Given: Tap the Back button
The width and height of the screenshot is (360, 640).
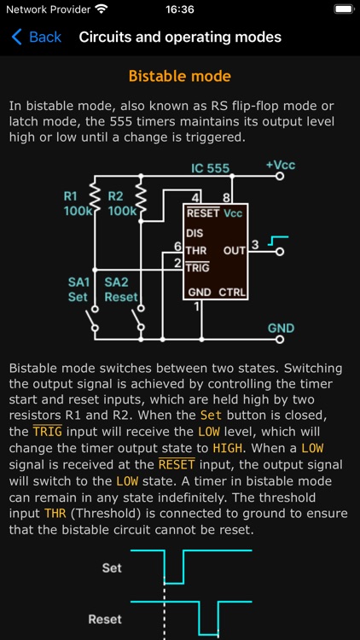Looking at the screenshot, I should pyautogui.click(x=36, y=37).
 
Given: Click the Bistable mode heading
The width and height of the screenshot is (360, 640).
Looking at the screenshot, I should pyautogui.click(x=179, y=77).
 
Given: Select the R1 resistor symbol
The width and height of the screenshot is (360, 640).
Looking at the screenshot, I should pyautogui.click(x=95, y=202).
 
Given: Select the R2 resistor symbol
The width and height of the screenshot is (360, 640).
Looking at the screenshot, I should pyautogui.click(x=141, y=202).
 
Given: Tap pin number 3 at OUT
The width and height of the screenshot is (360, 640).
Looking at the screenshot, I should pyautogui.click(x=255, y=246).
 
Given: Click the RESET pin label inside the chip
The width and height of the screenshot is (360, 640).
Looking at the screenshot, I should pyautogui.click(x=203, y=213).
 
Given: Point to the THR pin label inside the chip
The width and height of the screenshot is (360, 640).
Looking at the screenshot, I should pyautogui.click(x=197, y=250).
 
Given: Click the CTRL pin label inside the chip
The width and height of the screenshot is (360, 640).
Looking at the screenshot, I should pyautogui.click(x=232, y=293).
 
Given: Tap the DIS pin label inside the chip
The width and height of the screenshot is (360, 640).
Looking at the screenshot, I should pyautogui.click(x=195, y=232).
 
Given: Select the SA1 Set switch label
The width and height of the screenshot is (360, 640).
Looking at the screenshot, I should pyautogui.click(x=78, y=289).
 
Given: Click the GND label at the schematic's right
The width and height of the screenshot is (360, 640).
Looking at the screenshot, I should pyautogui.click(x=281, y=328).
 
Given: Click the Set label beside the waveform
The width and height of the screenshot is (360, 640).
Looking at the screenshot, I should pyautogui.click(x=112, y=567).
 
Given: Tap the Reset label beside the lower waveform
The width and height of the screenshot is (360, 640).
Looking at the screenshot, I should pyautogui.click(x=105, y=619).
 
